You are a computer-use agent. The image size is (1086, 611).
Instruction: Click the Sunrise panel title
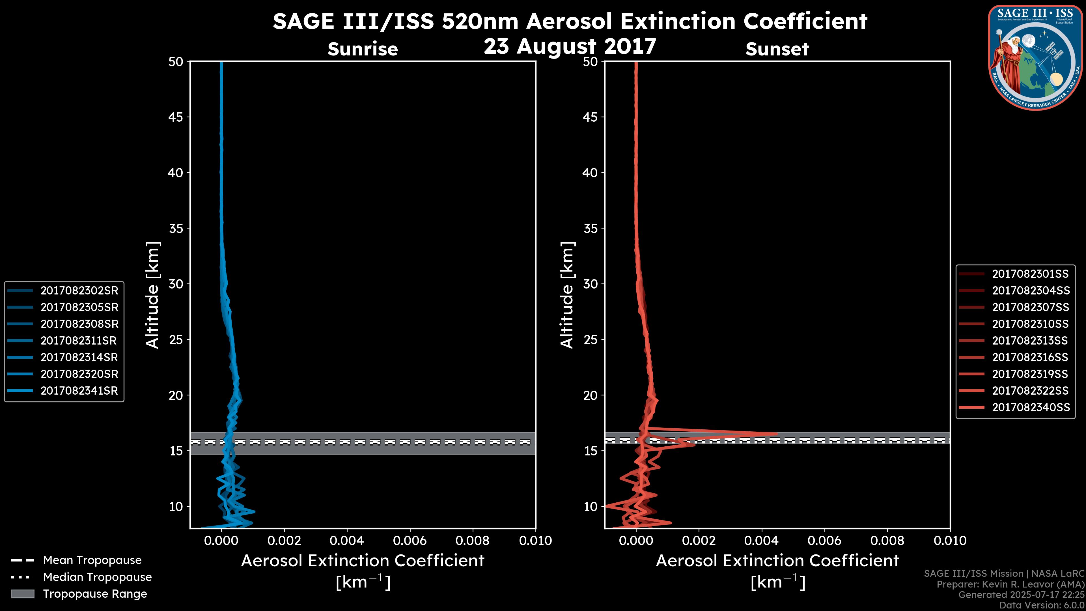pos(363,49)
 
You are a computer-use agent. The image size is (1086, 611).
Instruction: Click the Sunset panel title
pos(777,49)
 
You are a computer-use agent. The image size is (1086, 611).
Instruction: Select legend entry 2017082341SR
pos(79,391)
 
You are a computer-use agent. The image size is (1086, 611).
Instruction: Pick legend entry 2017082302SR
pos(79,291)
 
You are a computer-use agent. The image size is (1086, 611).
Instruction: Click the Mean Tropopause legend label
pos(92,560)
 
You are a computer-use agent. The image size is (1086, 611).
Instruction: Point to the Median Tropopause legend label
pos(97,577)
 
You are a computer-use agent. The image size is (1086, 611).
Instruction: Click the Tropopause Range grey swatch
pos(22,594)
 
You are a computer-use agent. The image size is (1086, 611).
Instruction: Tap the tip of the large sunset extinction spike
pos(777,434)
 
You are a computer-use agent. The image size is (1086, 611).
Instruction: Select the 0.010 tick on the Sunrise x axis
pos(535,541)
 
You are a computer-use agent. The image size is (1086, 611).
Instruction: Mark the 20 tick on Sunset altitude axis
pos(590,395)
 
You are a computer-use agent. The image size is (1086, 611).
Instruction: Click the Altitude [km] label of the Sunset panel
pos(567,295)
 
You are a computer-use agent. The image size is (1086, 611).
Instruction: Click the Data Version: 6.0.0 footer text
pos(1041,605)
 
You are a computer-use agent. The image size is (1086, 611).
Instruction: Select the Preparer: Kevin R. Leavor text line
pos(1010,584)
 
